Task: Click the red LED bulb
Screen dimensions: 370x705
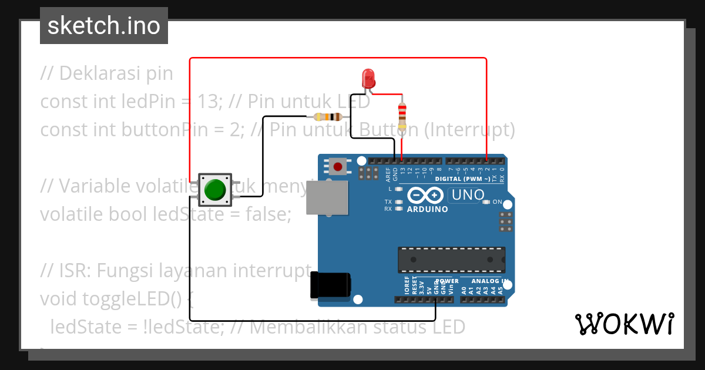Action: pos(368,78)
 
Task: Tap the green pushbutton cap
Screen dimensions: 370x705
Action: pos(215,189)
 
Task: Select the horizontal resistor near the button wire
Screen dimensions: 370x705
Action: pos(328,116)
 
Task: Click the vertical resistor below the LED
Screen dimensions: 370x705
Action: pos(402,116)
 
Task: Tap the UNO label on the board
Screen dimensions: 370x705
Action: pos(467,194)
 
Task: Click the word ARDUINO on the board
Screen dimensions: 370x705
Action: pos(427,209)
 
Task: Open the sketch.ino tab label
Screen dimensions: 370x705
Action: pos(103,26)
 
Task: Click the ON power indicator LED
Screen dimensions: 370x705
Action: pos(485,202)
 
